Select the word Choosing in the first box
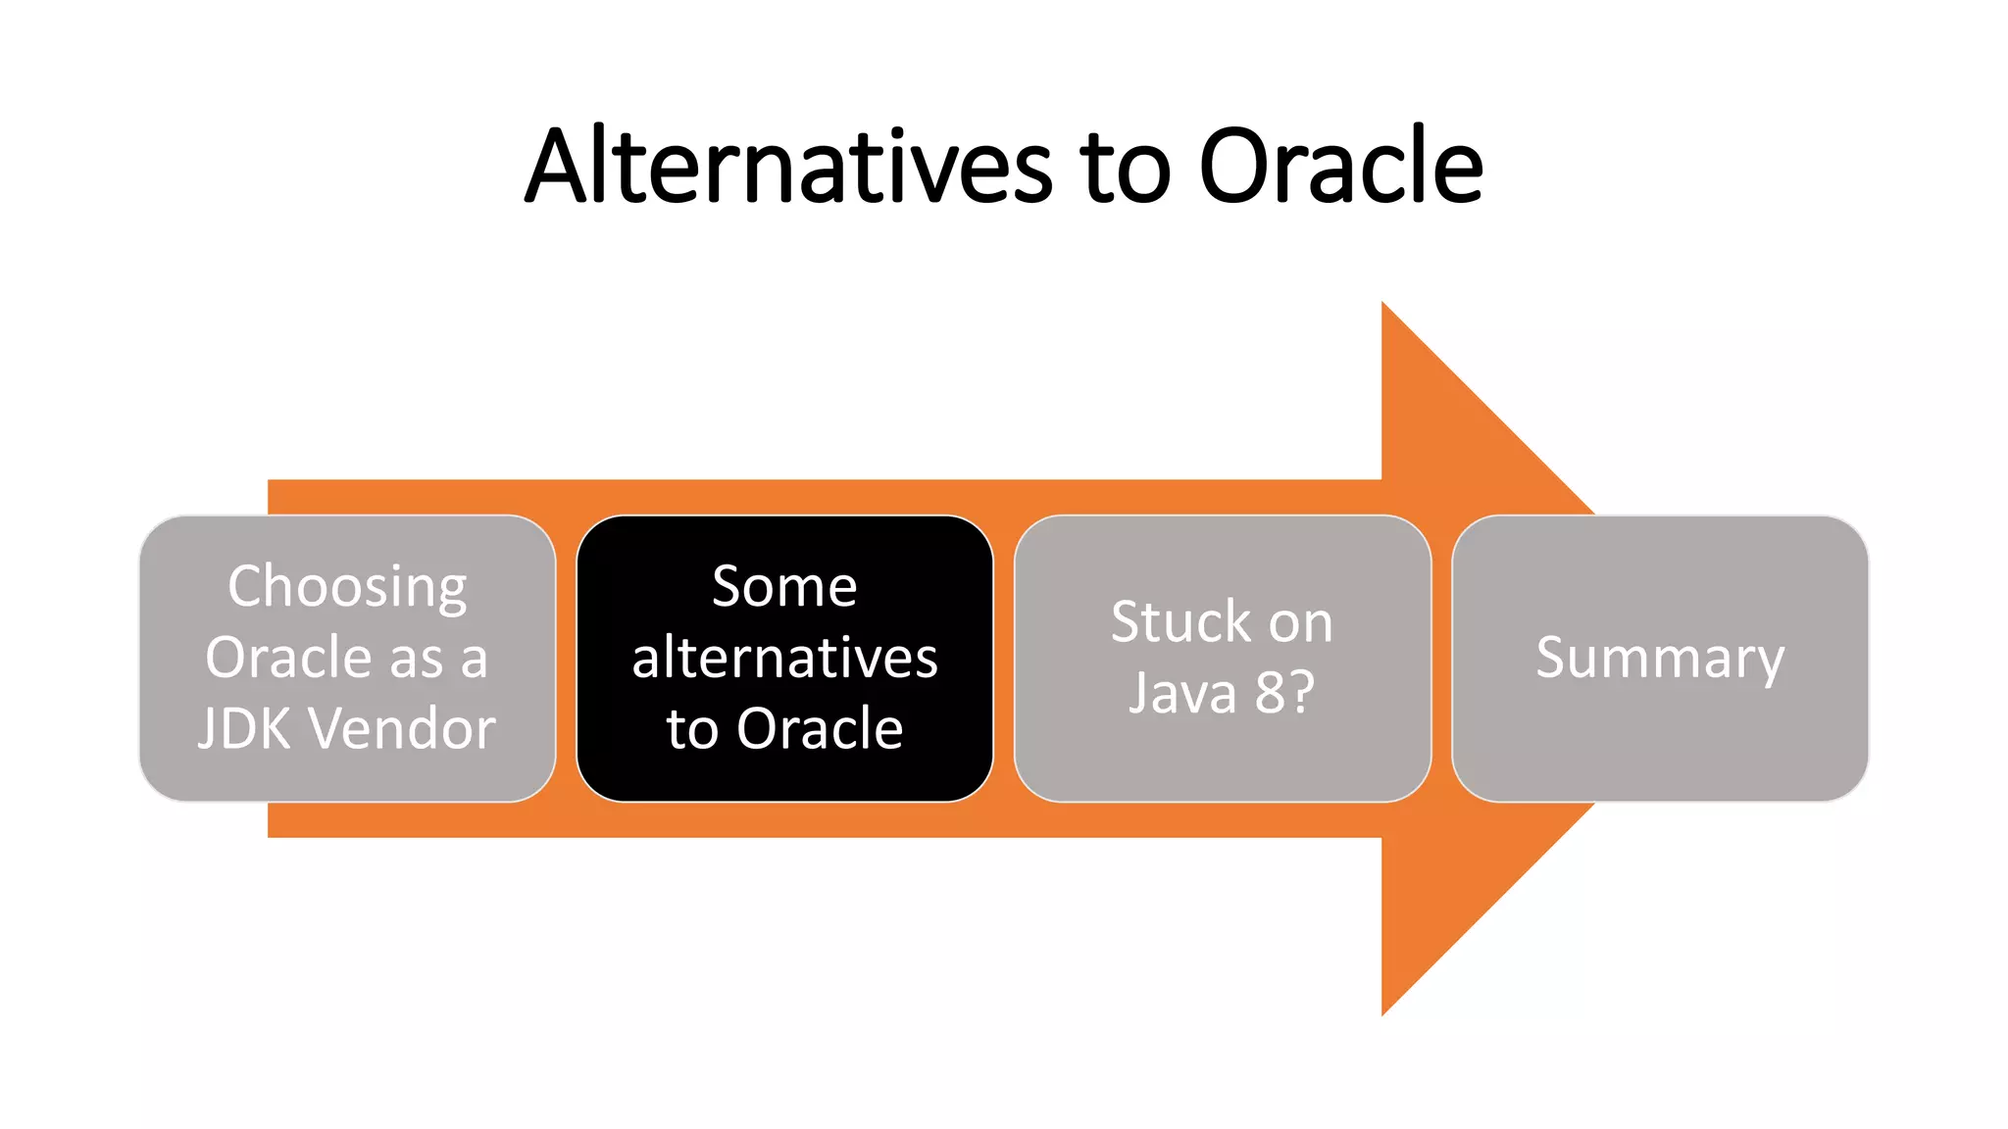[x=347, y=588]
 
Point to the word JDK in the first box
[x=244, y=729]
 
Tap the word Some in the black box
[x=784, y=587]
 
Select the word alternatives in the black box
[x=784, y=658]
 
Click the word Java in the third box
[x=1182, y=693]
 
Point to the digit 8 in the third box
[x=1270, y=693]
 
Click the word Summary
[x=1660, y=658]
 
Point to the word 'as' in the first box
[x=417, y=659]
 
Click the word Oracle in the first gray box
[x=289, y=658]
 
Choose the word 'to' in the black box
[x=692, y=729]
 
